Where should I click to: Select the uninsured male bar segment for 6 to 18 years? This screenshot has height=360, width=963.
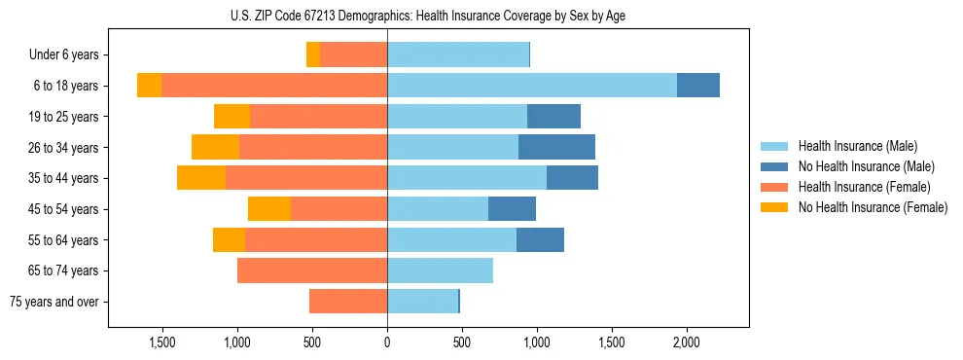point(698,86)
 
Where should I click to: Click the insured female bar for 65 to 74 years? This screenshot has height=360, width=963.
point(312,270)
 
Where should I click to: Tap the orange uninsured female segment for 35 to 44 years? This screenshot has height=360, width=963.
point(201,178)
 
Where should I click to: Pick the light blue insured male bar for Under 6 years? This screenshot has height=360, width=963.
point(458,54)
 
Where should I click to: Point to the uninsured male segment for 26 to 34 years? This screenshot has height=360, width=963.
point(556,148)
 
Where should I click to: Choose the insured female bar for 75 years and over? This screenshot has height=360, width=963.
point(348,302)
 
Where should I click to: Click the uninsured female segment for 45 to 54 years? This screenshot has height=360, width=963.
point(269,209)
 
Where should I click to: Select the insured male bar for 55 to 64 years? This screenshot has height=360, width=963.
point(451,240)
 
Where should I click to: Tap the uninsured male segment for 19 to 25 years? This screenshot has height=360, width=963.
point(553,117)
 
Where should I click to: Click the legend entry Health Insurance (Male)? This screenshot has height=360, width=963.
point(857,146)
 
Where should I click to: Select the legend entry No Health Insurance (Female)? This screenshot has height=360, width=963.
point(873,207)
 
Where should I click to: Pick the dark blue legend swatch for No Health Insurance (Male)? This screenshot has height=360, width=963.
point(774,166)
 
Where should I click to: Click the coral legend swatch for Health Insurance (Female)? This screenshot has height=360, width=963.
point(774,187)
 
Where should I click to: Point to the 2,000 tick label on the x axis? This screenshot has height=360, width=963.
point(687,342)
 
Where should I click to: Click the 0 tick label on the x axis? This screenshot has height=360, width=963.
point(387,342)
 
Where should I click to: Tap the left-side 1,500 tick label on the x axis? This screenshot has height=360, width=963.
point(161,342)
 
